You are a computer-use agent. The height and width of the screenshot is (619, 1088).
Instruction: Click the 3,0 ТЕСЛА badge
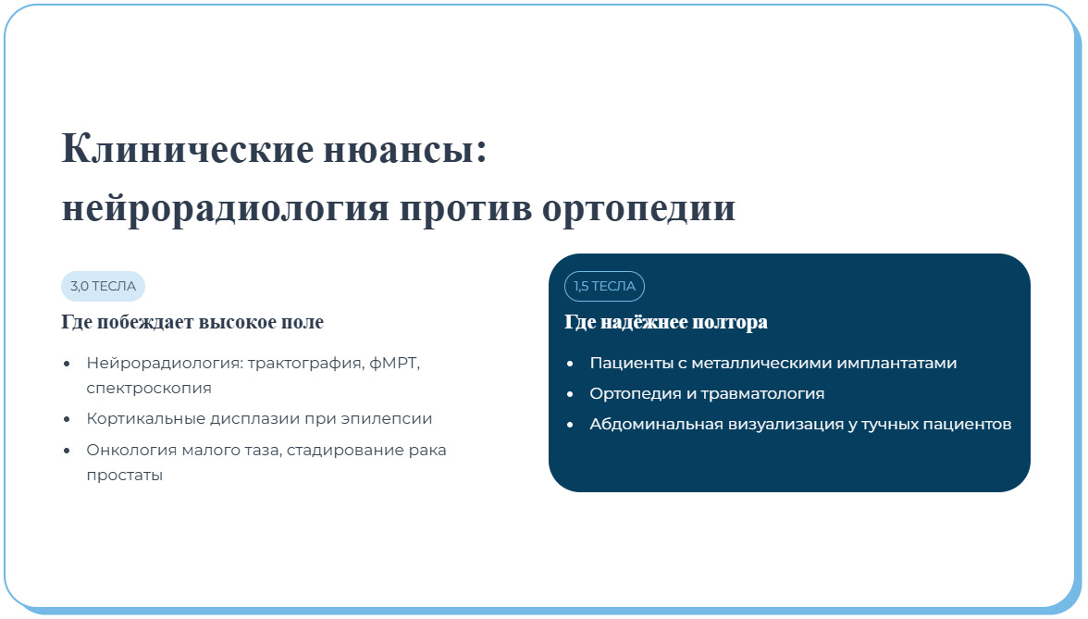[x=103, y=286]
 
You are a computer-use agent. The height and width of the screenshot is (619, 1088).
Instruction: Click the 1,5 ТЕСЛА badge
[x=604, y=286]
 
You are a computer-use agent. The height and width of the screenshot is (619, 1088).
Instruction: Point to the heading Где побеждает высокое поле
[x=192, y=323]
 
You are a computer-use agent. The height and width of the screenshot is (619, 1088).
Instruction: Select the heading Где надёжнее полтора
[x=666, y=323]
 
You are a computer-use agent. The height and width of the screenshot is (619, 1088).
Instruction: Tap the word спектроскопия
[x=149, y=389]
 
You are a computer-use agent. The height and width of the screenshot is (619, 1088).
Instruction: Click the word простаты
[x=124, y=476]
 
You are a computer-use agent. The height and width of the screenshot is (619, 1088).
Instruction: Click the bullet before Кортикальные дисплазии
[x=67, y=419]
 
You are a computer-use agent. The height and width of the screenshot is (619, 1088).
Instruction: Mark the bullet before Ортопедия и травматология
[x=570, y=394]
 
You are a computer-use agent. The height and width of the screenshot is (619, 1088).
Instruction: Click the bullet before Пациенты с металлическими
[x=570, y=364]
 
